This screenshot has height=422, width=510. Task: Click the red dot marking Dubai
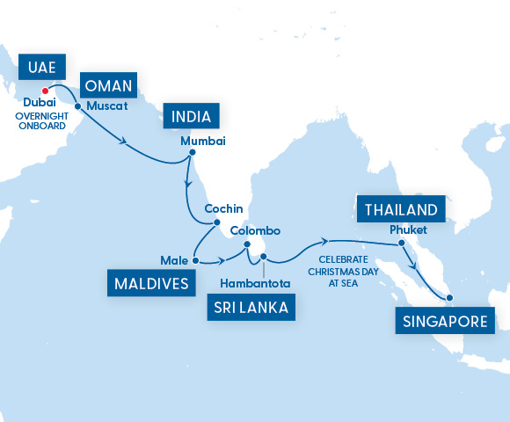point(44,89)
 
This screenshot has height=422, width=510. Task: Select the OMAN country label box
point(107,86)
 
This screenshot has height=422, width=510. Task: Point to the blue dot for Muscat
point(78,105)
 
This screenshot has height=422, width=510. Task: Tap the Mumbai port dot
point(192,153)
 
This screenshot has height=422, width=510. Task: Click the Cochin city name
point(220,209)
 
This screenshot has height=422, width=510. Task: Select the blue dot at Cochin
point(217,222)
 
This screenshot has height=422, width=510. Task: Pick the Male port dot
point(194,261)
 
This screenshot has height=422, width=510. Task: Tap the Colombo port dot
point(244,245)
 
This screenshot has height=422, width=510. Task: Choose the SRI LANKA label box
point(251,308)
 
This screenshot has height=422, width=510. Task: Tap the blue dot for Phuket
point(401,243)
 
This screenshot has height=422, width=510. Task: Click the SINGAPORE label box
point(444,321)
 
